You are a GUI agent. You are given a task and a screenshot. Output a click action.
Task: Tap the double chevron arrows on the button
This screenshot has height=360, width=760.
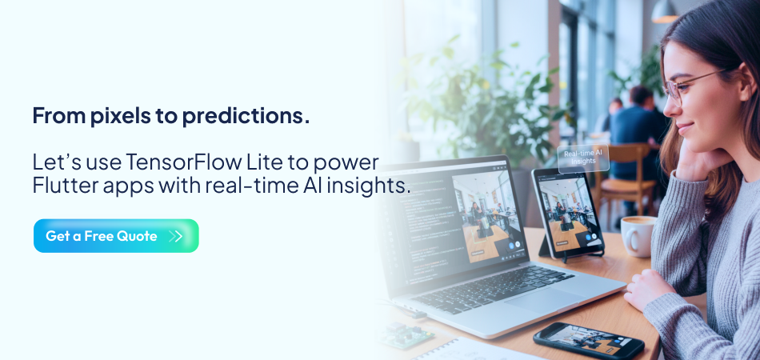176,236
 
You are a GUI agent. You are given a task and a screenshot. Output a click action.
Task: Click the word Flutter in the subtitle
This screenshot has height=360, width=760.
62,186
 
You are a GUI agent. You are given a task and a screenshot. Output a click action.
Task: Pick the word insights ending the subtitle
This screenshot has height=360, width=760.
374,186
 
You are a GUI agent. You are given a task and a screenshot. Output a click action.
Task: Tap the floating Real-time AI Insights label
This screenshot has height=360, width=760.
583,158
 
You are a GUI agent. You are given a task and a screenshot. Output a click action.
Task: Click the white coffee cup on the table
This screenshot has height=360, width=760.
638,235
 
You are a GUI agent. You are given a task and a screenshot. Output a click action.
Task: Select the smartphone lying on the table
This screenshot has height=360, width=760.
588,341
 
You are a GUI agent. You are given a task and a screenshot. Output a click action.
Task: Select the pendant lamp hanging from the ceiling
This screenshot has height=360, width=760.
664,11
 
